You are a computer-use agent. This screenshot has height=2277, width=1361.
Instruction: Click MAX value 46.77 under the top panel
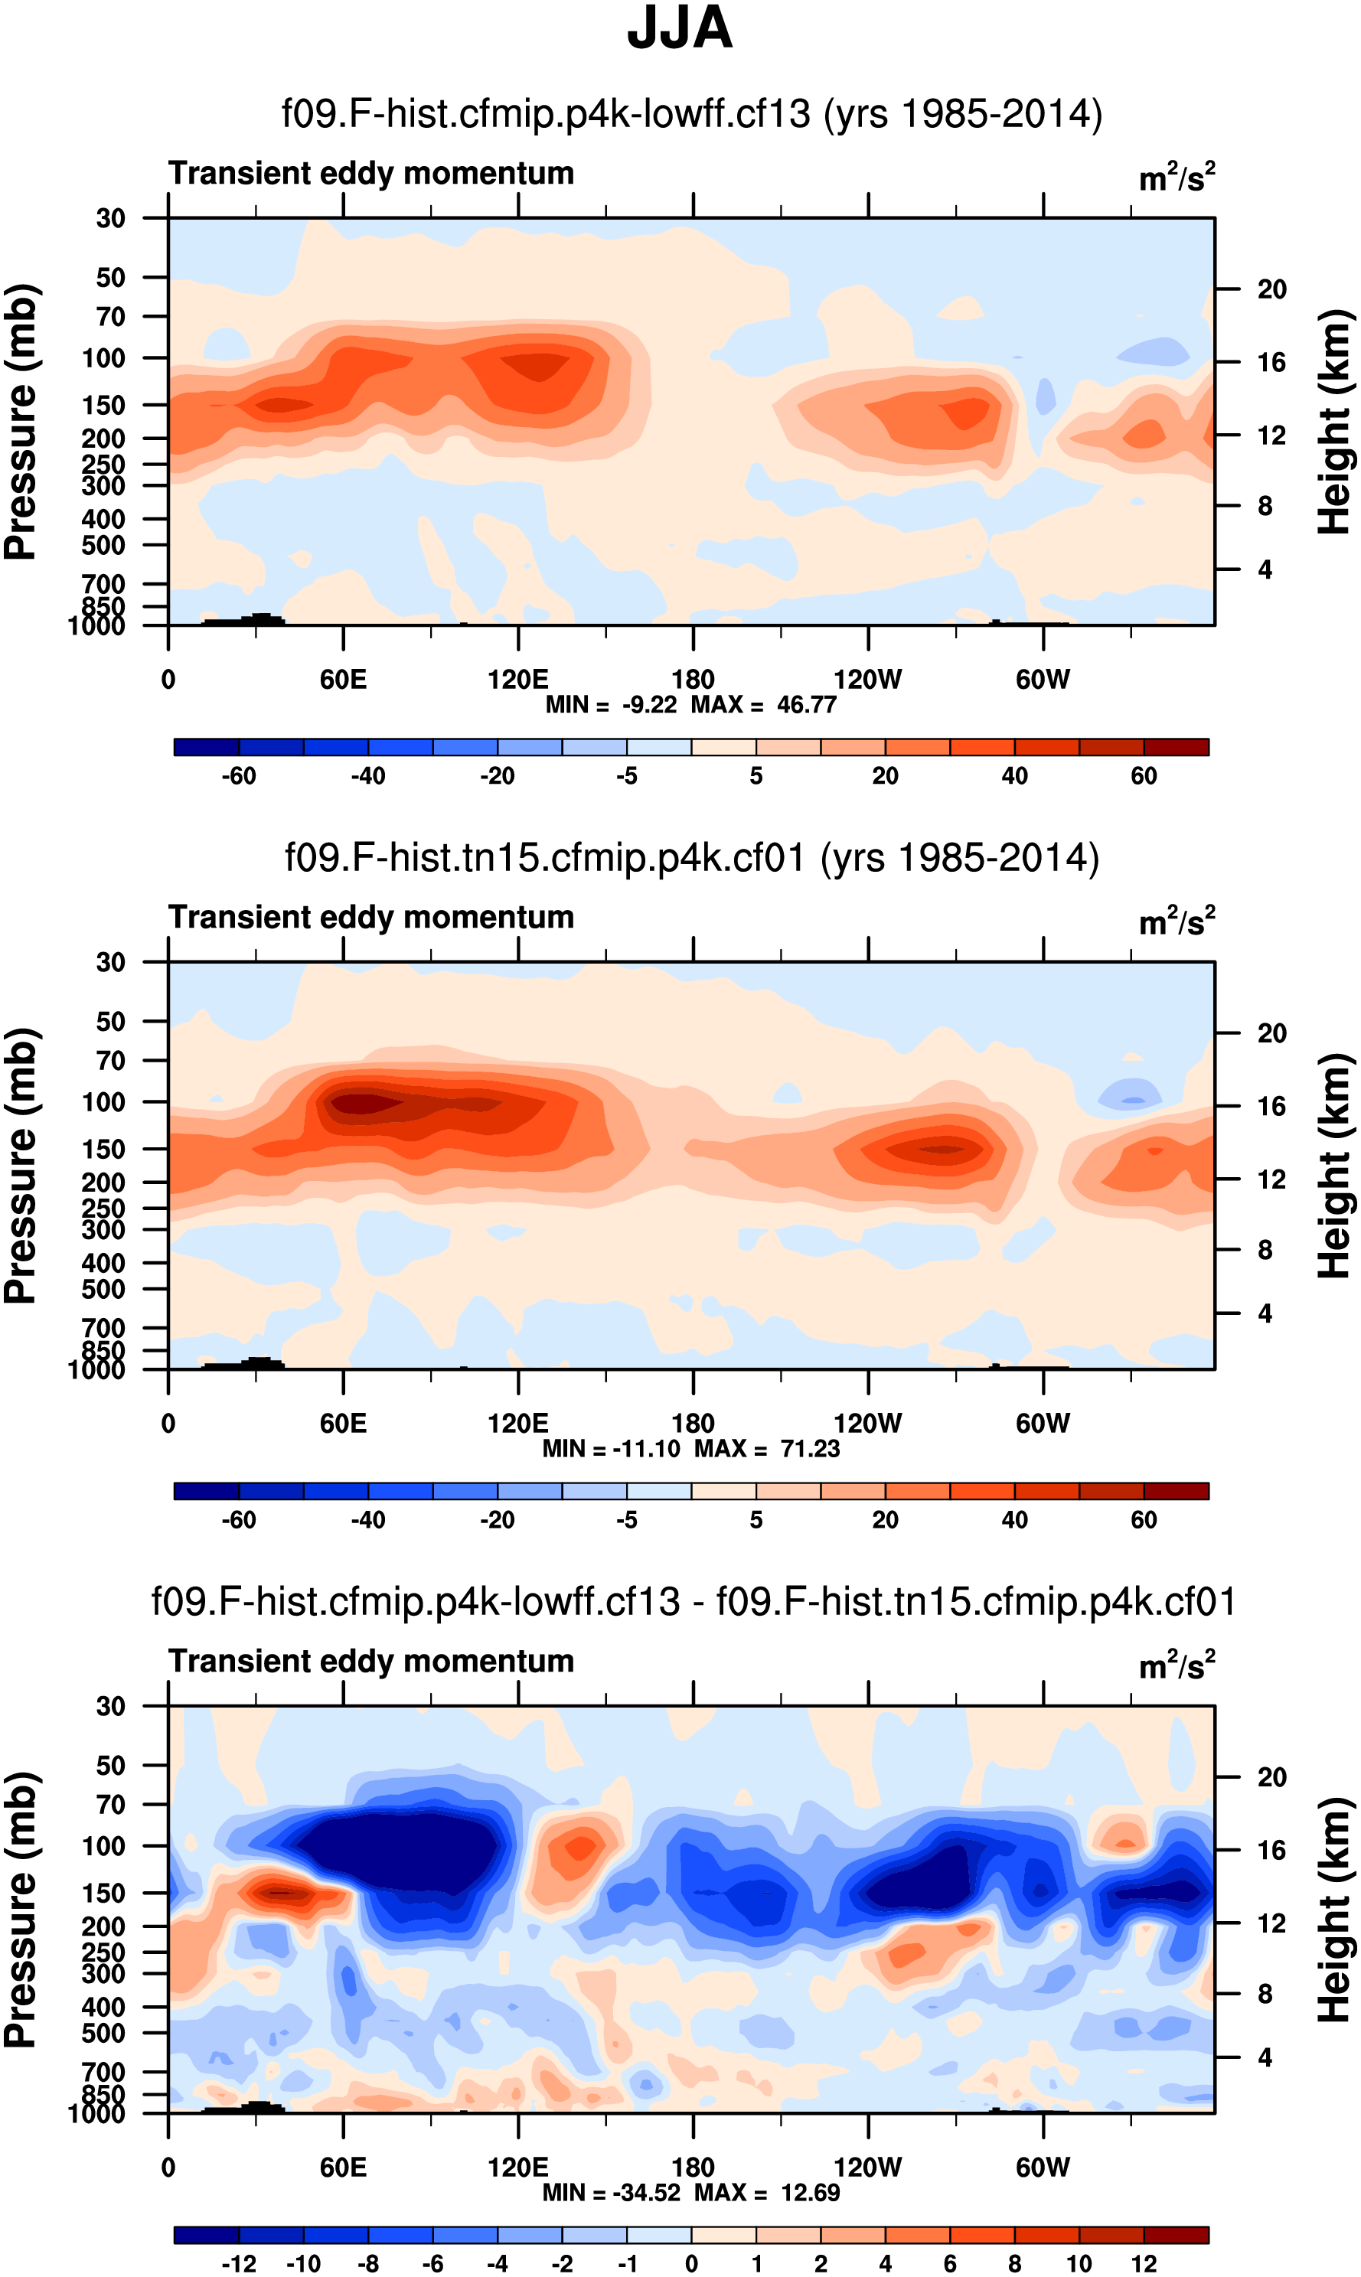(806, 705)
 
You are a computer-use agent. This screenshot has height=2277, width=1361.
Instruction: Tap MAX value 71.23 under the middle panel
(810, 1449)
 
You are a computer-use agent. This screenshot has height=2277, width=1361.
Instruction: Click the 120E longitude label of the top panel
(518, 680)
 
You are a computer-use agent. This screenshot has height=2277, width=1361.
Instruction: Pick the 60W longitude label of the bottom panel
(1043, 2168)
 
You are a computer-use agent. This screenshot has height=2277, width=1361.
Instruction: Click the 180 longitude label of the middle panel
(693, 1424)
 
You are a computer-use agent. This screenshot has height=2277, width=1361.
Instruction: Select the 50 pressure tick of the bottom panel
(110, 1765)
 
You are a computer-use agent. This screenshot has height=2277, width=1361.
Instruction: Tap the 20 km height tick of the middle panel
(1271, 1033)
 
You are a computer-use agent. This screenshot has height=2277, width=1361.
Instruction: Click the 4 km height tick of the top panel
(1265, 570)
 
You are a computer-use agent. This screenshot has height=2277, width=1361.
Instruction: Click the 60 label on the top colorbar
(1144, 777)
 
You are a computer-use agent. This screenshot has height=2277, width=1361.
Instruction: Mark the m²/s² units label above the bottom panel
(1177, 1665)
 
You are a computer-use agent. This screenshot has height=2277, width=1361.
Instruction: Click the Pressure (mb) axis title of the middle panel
(20, 1166)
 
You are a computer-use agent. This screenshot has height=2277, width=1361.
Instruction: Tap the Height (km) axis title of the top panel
(1334, 422)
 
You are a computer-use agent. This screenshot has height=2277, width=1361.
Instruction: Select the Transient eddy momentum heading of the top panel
(371, 173)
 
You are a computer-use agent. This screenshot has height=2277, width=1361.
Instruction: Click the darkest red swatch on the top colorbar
(1176, 747)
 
